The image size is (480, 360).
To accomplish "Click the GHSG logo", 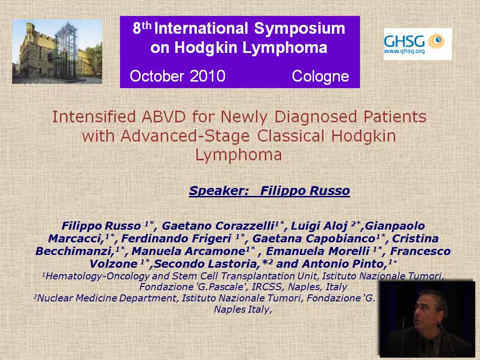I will tap(417, 44).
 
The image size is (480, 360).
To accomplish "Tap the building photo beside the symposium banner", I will tap(57, 51).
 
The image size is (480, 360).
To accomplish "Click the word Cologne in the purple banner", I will tap(320, 76).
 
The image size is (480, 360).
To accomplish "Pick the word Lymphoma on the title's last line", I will tap(239, 155).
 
